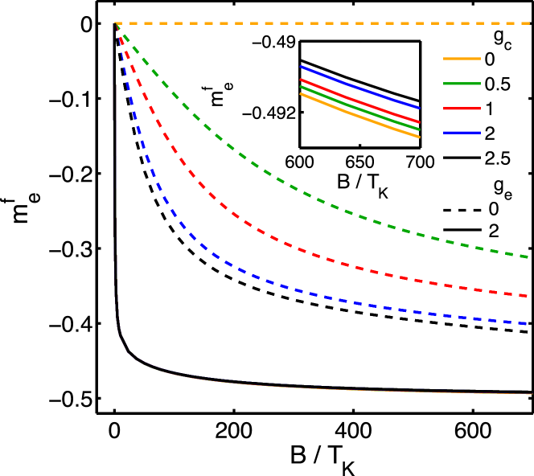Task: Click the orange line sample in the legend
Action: pyautogui.click(x=462, y=59)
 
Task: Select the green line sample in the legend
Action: pyautogui.click(x=462, y=84)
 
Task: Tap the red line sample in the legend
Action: pyautogui.click(x=462, y=109)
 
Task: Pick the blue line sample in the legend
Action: pyautogui.click(x=462, y=133)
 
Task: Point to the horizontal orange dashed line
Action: pyautogui.click(x=322, y=23)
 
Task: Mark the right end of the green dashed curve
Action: pyautogui.click(x=528, y=257)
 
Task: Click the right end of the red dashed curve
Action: pyautogui.click(x=528, y=296)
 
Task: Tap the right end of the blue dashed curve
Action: pyautogui.click(x=528, y=324)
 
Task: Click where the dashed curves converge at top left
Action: pyautogui.click(x=117, y=24)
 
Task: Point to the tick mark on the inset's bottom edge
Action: pyautogui.click(x=359, y=146)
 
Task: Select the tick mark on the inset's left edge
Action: pyautogui.click(x=302, y=113)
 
